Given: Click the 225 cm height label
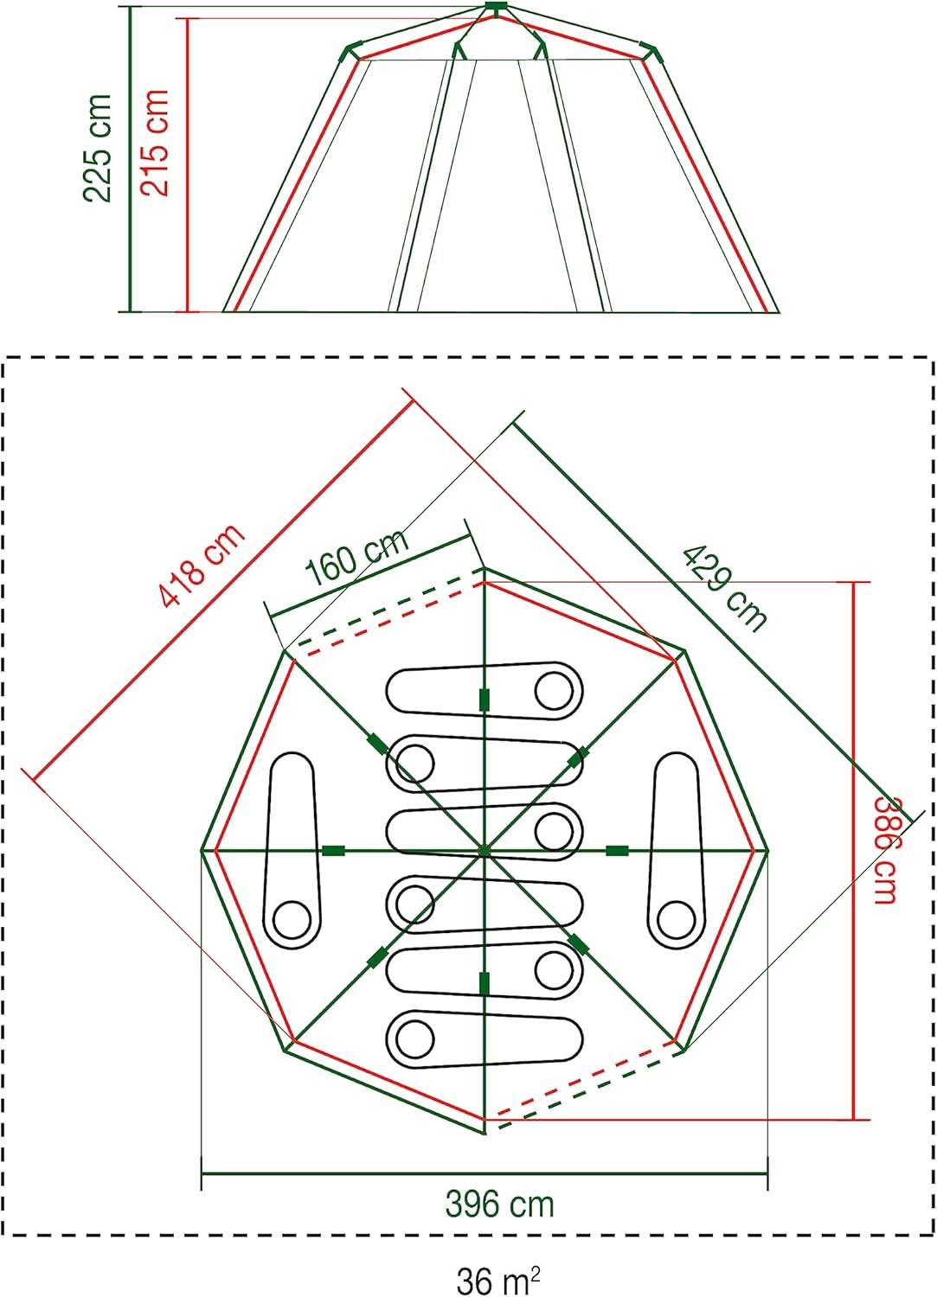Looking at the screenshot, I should pos(98,148).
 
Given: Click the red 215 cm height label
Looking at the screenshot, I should pos(157,143).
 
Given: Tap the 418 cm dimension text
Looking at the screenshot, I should pos(202,565).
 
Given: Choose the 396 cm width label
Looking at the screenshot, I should pos(499,1204).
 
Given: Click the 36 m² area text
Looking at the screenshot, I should pos(499,1280).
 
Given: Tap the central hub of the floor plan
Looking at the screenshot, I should pos(484,851).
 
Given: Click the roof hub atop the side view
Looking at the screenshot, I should pos(494,8).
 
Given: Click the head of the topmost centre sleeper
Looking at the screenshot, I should pos(554,690).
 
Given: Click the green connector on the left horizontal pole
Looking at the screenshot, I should pos(334,851).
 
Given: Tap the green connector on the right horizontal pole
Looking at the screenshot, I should pos(617,851).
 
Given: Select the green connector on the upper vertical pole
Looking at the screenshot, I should pos(484,700).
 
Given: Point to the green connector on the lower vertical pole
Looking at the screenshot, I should pos(484,983).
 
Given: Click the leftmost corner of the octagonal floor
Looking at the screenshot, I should pos(202,851).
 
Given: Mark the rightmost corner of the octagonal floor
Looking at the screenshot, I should pos(767,851).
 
